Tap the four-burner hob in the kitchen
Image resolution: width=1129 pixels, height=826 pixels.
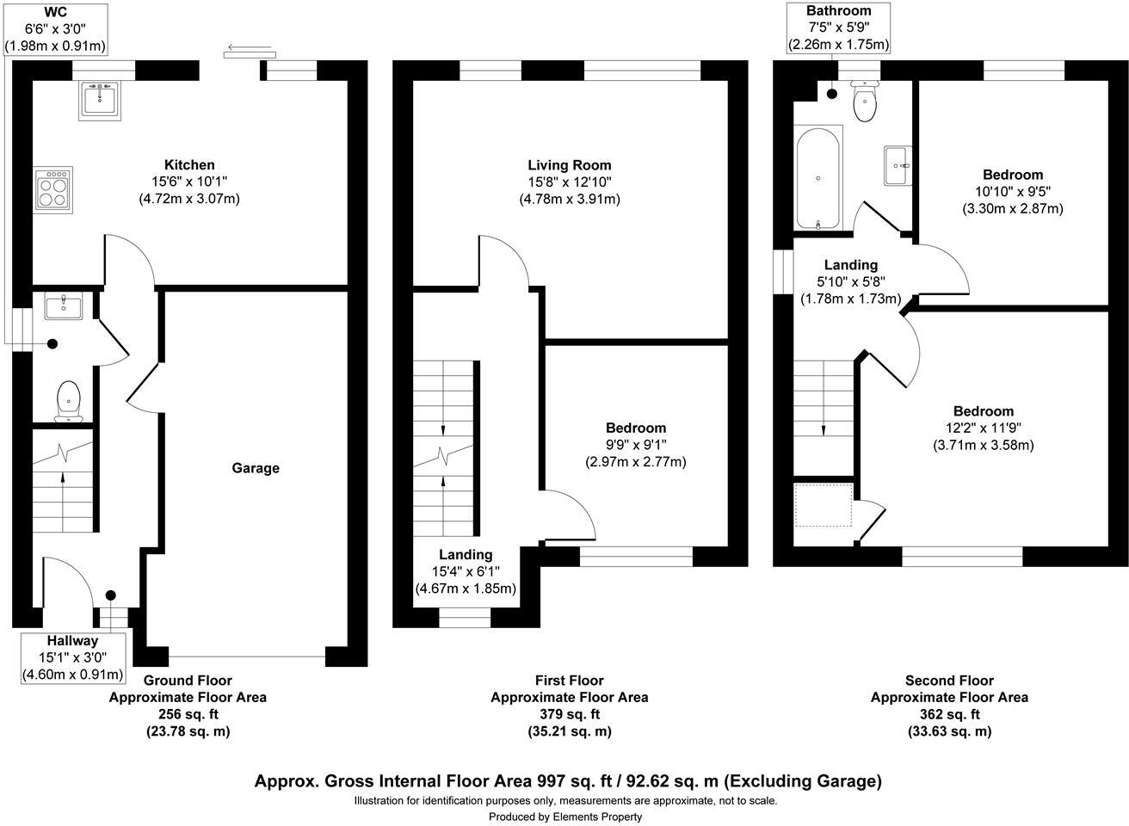click(x=53, y=189)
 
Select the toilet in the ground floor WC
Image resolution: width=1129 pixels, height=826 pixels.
click(x=68, y=402)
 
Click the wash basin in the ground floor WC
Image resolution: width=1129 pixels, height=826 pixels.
click(x=63, y=306)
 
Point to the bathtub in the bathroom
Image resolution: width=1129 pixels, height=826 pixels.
click(x=817, y=178)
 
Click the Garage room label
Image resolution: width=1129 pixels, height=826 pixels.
click(x=256, y=468)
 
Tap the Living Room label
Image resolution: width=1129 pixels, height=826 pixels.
click(x=569, y=165)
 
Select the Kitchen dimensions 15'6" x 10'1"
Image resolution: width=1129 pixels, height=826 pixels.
click(x=189, y=182)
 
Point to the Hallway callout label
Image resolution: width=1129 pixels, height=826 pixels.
click(x=72, y=641)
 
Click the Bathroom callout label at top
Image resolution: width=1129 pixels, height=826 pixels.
click(x=838, y=11)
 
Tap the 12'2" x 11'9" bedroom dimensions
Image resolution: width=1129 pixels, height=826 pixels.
click(x=983, y=428)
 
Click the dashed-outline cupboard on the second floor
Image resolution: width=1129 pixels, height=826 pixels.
click(x=823, y=505)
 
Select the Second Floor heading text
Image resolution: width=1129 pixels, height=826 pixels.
click(x=949, y=681)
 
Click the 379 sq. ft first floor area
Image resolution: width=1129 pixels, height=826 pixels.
click(x=569, y=714)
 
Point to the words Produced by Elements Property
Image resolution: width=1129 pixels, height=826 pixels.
click(x=565, y=817)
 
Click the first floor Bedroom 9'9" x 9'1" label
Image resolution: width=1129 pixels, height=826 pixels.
click(x=636, y=428)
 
